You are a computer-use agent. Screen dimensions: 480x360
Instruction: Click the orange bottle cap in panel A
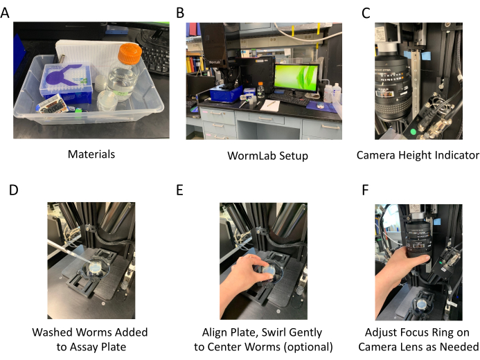point(130,53)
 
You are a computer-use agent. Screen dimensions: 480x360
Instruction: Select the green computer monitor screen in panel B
point(296,78)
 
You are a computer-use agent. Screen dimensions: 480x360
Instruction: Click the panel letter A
point(5,13)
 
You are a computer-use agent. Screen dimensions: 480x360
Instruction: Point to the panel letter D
point(13,190)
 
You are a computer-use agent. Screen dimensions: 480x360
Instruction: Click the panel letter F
point(365,190)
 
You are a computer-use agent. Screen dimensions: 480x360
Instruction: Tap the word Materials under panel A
point(91,154)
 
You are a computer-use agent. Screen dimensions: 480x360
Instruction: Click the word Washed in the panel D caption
point(52,332)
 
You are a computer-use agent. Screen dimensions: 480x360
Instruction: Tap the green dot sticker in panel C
point(413,132)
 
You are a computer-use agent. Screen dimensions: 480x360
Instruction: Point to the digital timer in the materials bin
point(52,105)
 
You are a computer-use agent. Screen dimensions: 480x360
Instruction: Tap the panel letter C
point(366,13)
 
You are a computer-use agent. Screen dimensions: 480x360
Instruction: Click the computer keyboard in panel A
point(155,58)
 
